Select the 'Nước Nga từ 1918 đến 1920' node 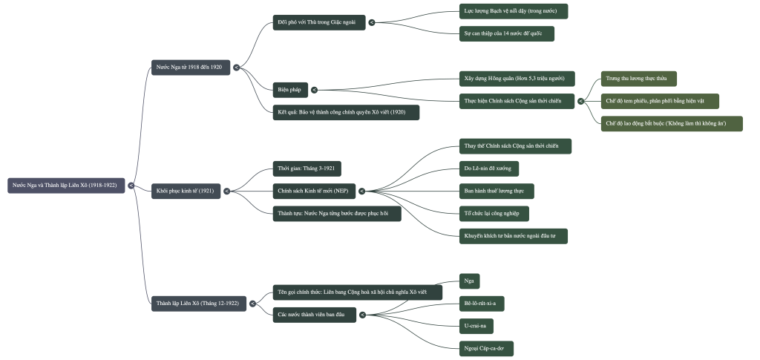point(190,68)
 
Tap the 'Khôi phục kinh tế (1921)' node point(186,192)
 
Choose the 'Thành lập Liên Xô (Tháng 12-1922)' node point(198,304)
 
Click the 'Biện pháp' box point(289,90)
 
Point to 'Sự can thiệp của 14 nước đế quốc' point(506,34)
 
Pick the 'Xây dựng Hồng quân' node point(514,79)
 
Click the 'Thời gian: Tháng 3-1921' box point(306,169)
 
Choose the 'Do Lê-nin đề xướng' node point(488,168)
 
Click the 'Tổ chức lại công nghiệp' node point(494,214)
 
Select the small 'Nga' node point(469,281)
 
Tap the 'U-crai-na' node point(476,326)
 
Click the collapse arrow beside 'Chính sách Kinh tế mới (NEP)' point(362,192)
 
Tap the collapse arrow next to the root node point(131,186)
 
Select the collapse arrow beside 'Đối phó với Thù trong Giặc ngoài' point(372,23)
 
